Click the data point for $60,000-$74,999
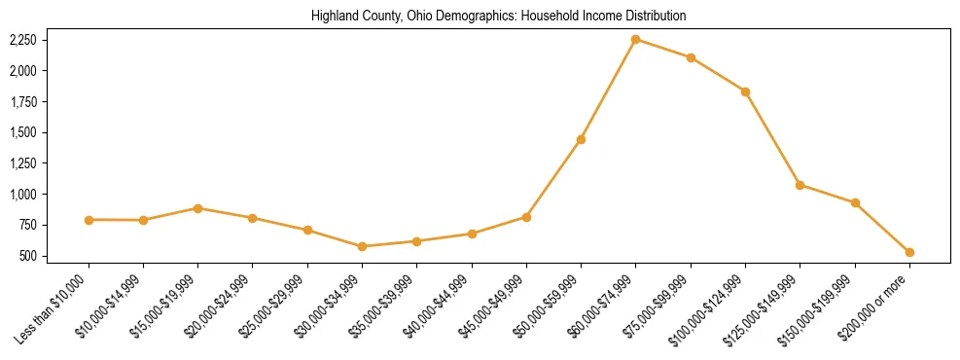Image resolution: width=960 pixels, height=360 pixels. [635, 40]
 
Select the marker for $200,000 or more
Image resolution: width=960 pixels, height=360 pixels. [909, 252]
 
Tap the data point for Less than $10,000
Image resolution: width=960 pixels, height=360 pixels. [89, 220]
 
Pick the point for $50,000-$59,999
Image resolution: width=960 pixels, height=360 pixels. [581, 139]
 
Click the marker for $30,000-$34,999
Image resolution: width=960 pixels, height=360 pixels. [362, 246]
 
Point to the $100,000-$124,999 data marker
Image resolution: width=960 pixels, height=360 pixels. [745, 91]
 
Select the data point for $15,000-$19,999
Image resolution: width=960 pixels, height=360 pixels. [197, 208]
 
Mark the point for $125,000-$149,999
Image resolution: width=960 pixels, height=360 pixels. [800, 185]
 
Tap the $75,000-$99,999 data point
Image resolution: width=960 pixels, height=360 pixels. [691, 57]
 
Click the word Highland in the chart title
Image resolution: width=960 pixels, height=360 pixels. [333, 17]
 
